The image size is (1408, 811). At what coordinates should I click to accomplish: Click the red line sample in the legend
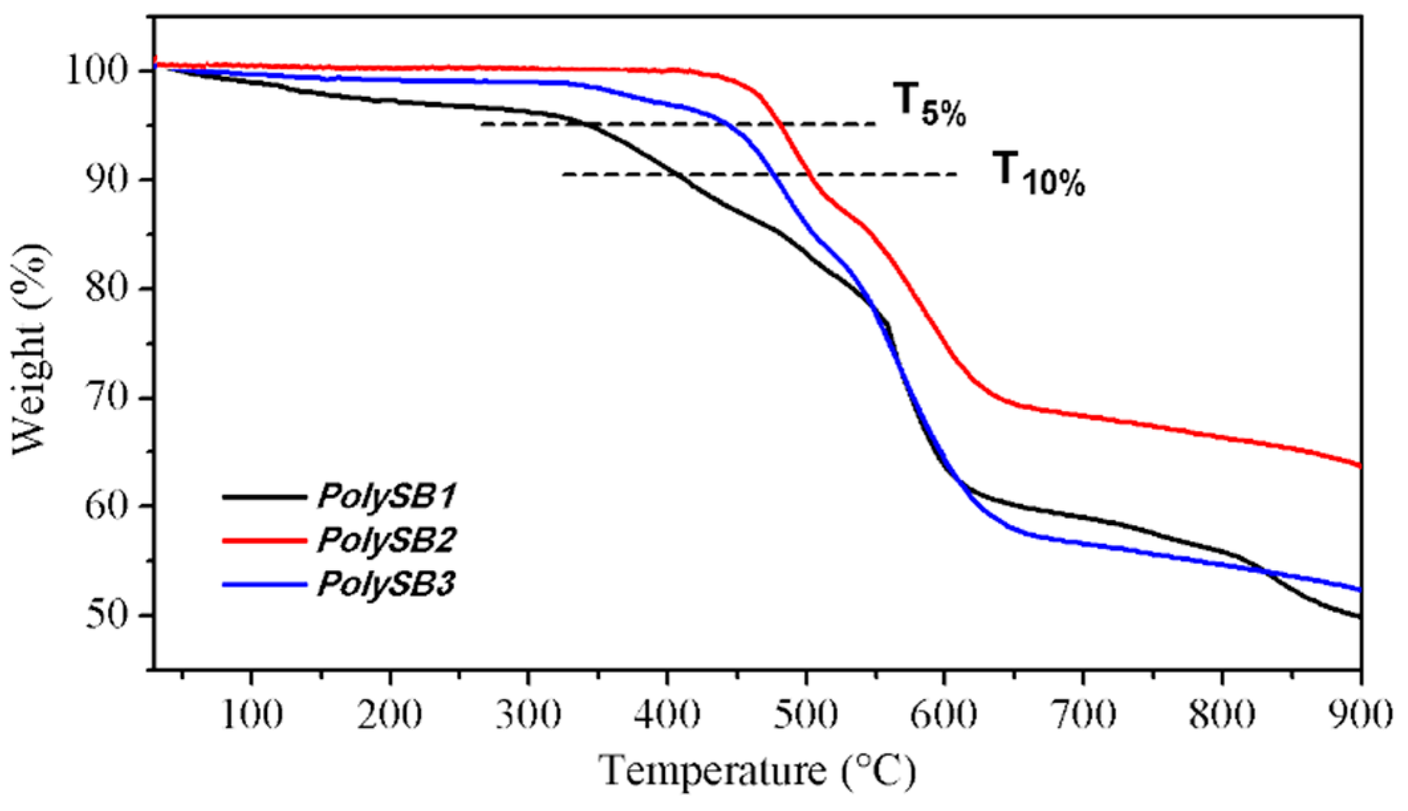[264, 541]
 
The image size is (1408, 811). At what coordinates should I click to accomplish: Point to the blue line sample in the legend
[264, 585]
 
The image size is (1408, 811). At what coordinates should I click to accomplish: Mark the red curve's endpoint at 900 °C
[1360, 466]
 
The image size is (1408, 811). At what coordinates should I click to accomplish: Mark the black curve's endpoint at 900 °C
[1360, 617]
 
